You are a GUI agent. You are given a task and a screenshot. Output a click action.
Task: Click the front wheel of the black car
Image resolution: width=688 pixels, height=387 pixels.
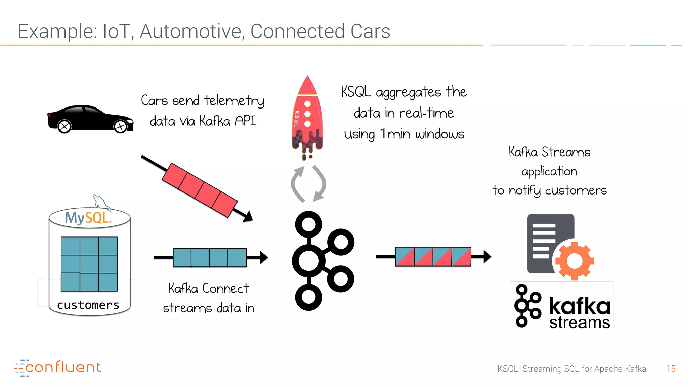click(120, 127)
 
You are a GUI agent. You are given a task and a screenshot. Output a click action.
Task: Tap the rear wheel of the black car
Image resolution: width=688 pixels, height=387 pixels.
click(64, 127)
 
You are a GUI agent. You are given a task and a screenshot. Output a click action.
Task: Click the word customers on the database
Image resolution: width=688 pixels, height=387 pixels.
click(88, 305)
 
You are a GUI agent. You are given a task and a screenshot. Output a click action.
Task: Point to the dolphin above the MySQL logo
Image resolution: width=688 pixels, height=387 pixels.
click(100, 202)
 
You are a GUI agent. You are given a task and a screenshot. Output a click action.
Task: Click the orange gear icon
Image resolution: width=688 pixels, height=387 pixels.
click(574, 261)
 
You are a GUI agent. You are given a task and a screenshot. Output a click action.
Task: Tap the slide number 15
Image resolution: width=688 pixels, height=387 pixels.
click(671, 369)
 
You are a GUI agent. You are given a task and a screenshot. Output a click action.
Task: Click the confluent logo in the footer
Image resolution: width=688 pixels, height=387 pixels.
click(58, 368)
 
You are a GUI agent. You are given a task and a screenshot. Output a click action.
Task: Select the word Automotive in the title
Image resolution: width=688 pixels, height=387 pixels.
click(192, 31)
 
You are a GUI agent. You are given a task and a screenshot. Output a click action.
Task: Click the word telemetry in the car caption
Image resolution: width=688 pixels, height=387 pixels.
click(234, 101)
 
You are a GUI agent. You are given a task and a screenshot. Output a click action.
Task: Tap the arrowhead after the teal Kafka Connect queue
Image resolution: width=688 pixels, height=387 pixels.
click(264, 257)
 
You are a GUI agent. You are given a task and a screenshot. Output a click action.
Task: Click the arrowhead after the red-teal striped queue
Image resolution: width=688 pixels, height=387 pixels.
click(488, 257)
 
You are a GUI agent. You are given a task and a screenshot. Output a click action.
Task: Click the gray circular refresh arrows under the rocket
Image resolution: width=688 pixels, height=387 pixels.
click(308, 184)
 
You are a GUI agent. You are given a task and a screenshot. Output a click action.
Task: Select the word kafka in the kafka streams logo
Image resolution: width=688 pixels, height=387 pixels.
click(579, 306)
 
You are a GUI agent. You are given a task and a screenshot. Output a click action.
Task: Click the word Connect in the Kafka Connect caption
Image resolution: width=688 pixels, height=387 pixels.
click(225, 288)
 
